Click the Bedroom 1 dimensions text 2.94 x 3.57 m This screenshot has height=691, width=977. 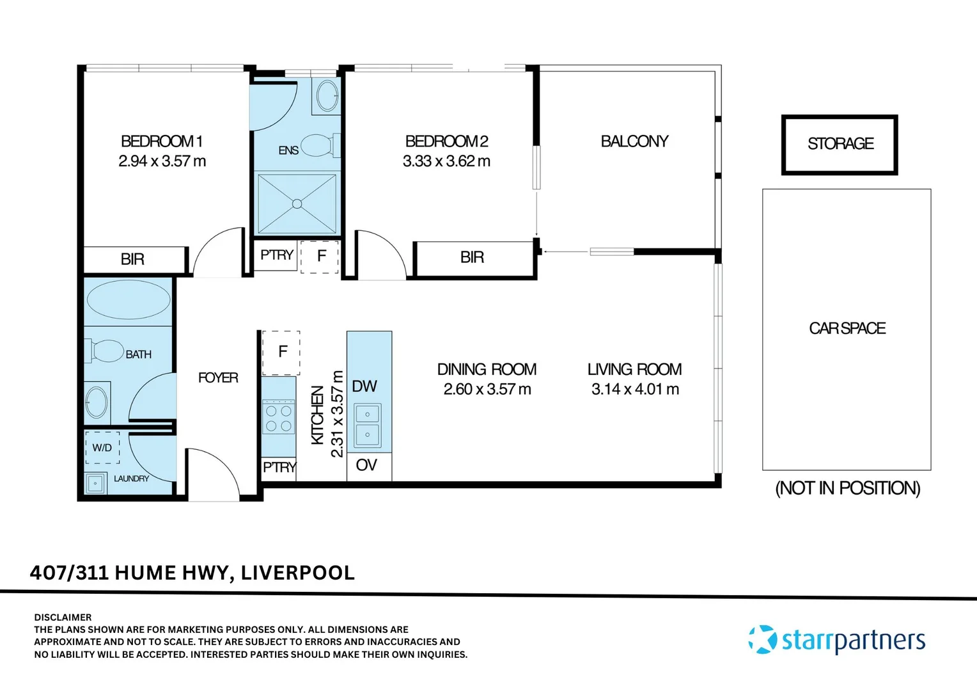click(x=162, y=161)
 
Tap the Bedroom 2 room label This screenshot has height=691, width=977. click(x=447, y=141)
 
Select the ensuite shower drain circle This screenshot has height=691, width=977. click(x=297, y=204)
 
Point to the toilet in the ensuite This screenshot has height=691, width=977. click(x=320, y=145)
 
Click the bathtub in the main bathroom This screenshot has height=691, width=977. click(x=129, y=299)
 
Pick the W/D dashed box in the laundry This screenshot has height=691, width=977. click(x=102, y=447)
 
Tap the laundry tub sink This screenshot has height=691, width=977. click(x=95, y=483)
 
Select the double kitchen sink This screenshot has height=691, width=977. click(x=367, y=425)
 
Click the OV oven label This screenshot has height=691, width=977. click(x=366, y=465)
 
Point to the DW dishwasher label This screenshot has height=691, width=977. click(x=364, y=386)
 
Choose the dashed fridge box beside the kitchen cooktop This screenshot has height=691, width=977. click(x=281, y=353)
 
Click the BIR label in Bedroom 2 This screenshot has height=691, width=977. click(x=472, y=257)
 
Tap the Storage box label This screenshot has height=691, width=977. click(x=840, y=143)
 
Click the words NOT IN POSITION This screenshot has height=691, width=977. click(x=847, y=488)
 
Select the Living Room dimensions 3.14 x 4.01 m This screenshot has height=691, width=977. click(x=635, y=389)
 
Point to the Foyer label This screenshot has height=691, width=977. click(x=218, y=377)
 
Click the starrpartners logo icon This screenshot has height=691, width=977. click(x=762, y=639)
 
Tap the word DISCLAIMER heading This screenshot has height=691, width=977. click(x=63, y=617)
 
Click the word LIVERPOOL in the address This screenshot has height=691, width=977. click(x=298, y=573)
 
